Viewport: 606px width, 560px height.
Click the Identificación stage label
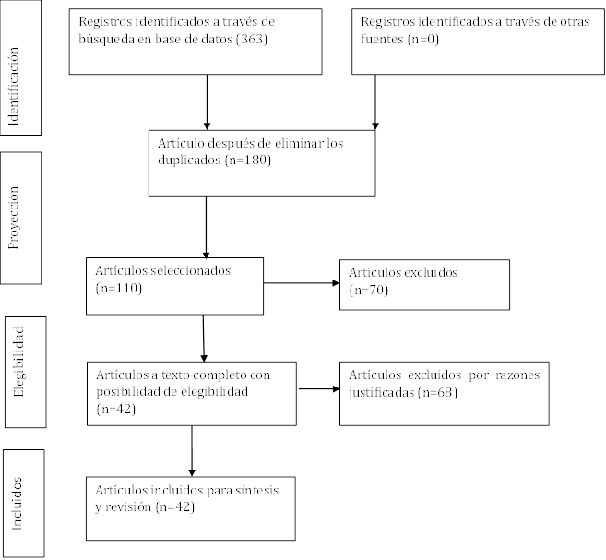(14, 86)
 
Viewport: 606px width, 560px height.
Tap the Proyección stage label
(14, 218)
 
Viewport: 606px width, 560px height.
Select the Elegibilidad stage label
(18, 362)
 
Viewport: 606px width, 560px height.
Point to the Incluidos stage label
(17, 503)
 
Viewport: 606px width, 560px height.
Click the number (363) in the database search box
(252, 39)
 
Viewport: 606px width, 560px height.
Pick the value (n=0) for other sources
(422, 39)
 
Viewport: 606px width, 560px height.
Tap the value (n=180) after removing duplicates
(248, 160)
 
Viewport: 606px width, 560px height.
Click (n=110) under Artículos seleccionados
(119, 289)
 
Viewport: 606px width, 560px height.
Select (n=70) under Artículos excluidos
(368, 291)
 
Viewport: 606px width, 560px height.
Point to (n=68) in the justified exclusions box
(437, 393)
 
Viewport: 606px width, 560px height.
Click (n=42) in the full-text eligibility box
(116, 410)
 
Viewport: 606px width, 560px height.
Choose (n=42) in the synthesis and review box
(174, 507)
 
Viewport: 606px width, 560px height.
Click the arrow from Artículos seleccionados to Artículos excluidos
(302, 283)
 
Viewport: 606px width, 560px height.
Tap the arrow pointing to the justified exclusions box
(319, 388)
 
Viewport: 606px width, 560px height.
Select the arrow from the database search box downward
(207, 102)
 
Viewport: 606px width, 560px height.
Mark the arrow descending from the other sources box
(374, 102)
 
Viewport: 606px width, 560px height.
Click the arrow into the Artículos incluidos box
(192, 451)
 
